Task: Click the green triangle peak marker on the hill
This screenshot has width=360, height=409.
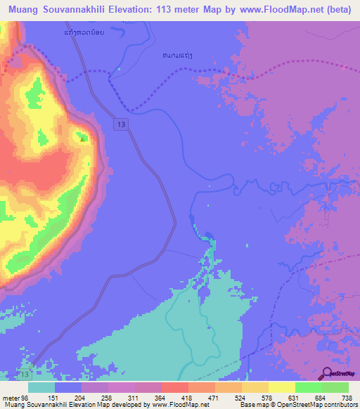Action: [x=84, y=138]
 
